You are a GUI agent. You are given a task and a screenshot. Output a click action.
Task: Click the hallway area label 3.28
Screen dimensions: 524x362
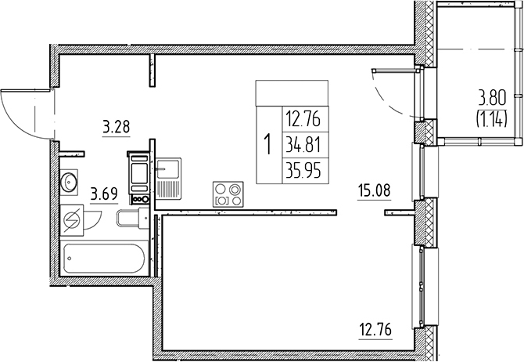point(116,128)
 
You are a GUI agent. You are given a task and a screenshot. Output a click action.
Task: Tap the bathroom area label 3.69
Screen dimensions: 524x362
point(104,194)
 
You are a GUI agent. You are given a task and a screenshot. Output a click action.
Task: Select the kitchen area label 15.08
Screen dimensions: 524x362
point(374,191)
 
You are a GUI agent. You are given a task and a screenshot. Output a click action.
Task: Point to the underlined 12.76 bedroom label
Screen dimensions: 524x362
point(375,330)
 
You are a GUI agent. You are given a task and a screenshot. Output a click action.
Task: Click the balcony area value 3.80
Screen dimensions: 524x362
point(493,100)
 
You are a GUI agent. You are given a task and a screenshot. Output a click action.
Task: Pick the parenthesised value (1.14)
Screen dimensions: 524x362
point(492,119)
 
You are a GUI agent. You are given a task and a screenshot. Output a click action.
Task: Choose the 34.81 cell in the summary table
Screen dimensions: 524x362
point(303,146)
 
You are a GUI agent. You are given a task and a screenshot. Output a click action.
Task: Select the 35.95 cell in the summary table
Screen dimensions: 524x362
point(303,171)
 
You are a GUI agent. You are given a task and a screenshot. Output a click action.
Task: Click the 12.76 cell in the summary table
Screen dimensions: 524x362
point(303,120)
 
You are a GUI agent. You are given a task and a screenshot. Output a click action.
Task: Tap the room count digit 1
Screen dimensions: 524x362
point(267,144)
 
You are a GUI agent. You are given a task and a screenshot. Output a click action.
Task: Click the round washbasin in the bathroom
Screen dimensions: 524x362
point(69,182)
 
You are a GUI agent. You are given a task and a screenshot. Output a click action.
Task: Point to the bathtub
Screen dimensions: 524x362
point(104,259)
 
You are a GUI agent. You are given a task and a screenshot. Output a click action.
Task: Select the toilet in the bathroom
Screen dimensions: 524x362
point(133,218)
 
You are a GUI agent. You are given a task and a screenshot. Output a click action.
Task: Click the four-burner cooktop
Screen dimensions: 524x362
point(228,194)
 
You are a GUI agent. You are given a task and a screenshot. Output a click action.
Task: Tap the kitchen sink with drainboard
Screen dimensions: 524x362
point(169,179)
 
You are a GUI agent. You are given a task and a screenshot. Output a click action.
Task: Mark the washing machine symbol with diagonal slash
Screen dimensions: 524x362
point(72,220)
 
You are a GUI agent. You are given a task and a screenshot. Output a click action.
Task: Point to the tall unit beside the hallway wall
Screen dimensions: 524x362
point(138,178)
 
